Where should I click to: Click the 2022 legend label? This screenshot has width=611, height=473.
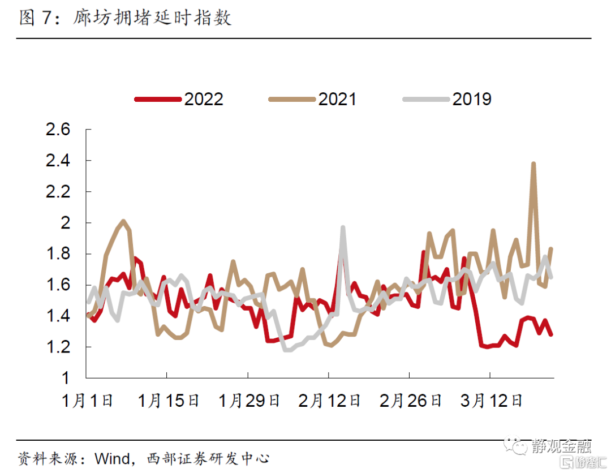point(204,99)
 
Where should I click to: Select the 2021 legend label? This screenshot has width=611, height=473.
point(337,99)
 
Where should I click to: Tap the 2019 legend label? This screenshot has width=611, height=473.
point(472,99)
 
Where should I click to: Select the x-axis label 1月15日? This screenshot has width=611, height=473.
point(169,401)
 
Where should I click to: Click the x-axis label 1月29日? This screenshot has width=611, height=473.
point(249,401)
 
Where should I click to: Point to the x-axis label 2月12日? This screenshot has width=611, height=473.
point(330,401)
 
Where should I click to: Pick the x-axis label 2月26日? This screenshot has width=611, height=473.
point(411,401)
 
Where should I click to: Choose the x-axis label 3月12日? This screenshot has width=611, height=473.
point(491,401)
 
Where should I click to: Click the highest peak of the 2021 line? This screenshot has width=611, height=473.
point(533,164)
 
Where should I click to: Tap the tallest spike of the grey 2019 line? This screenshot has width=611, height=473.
point(343,227)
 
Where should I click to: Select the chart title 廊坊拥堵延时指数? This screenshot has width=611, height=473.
point(152,18)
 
